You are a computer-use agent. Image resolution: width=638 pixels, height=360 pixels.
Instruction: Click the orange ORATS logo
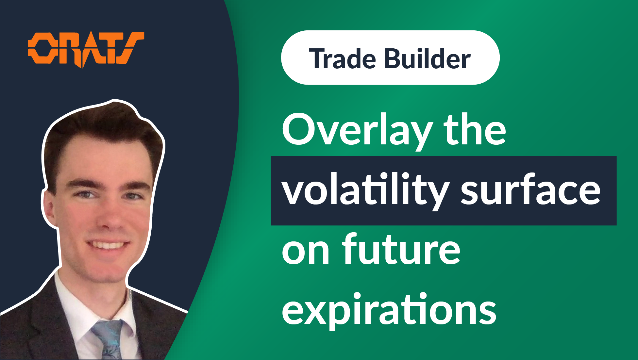pyautogui.click(x=86, y=49)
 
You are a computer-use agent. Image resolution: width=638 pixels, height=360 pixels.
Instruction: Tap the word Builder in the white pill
pyautogui.click(x=427, y=58)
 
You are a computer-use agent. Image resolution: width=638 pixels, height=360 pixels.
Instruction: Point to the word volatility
pyautogui.click(x=366, y=191)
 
